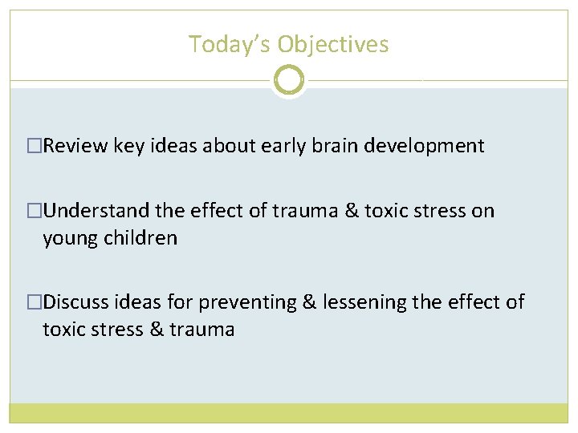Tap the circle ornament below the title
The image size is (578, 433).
(289, 80)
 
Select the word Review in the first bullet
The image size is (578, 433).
(76, 146)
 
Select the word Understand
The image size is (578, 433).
(96, 211)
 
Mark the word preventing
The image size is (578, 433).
(247, 302)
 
